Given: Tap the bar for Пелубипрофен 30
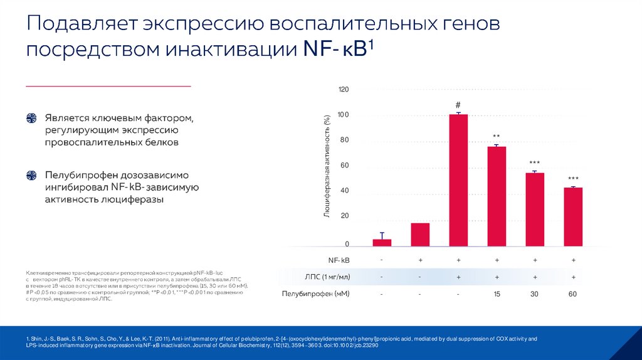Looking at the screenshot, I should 535,209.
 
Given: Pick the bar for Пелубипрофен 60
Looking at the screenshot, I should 573,216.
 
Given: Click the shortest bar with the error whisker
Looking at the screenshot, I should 382,242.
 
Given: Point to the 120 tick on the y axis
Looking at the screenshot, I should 343,90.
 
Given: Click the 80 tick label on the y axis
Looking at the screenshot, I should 343,140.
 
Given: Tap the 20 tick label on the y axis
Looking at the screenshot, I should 343,216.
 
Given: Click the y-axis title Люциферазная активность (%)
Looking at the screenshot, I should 327,166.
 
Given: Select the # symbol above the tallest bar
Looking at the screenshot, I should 458,105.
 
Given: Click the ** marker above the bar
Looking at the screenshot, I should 497,137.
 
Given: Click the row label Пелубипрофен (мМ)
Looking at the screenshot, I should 316,294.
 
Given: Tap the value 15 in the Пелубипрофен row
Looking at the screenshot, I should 497,294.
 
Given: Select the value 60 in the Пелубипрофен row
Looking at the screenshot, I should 573,294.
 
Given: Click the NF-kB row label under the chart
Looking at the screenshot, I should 339,260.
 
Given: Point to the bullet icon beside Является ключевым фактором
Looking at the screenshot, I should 31,119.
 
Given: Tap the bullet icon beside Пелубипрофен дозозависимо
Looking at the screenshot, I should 31,175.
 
